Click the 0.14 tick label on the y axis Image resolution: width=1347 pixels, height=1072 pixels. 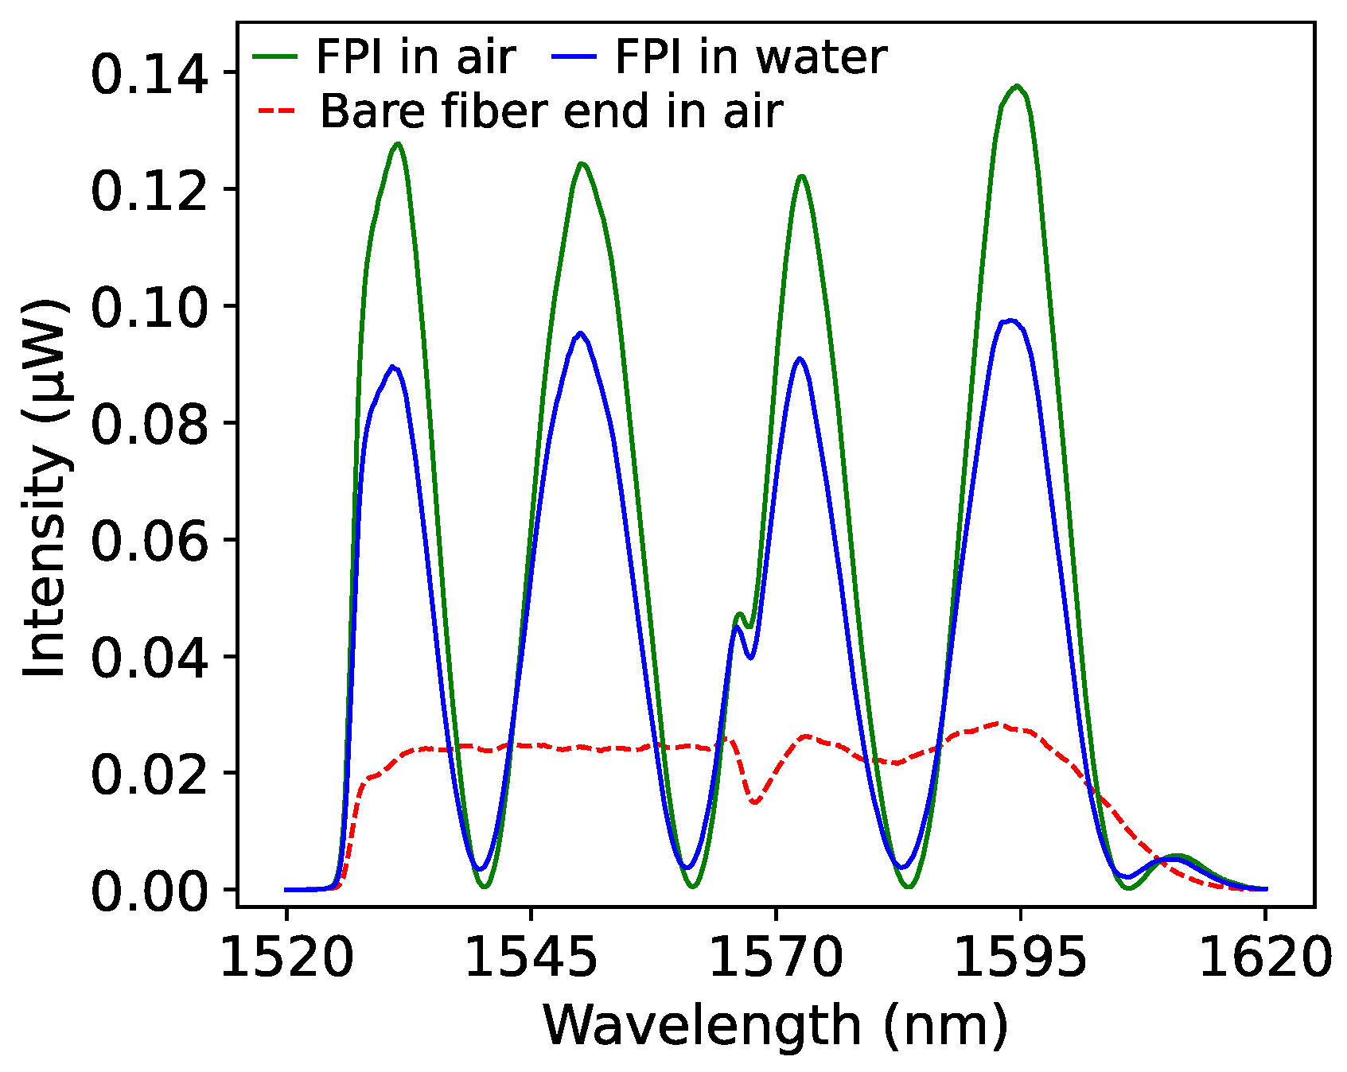click(150, 77)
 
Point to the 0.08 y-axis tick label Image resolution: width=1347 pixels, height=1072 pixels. click(150, 427)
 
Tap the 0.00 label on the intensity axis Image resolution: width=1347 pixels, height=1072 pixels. click(150, 894)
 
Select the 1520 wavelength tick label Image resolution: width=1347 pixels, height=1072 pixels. click(286, 957)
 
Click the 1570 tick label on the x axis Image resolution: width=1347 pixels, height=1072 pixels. click(775, 957)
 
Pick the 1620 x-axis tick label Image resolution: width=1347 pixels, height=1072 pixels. click(1265, 957)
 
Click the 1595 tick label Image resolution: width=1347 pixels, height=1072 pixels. click(1020, 957)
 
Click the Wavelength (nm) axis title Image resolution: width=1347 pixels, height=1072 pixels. click(775, 1026)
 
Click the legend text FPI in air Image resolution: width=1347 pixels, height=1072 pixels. click(416, 57)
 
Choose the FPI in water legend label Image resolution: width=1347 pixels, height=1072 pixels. click(750, 57)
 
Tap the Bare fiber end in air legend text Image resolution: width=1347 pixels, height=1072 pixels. click(551, 111)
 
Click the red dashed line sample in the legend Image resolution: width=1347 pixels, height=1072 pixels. click(276, 111)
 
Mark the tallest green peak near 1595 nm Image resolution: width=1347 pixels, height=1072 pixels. click(1017, 86)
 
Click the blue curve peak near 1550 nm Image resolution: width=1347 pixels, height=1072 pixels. click(581, 333)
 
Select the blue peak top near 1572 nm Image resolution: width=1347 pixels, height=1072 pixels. click(800, 359)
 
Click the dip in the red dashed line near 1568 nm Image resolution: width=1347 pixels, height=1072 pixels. click(754, 802)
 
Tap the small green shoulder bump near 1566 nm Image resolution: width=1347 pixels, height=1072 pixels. click(740, 614)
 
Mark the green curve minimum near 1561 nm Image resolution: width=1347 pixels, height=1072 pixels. click(692, 886)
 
